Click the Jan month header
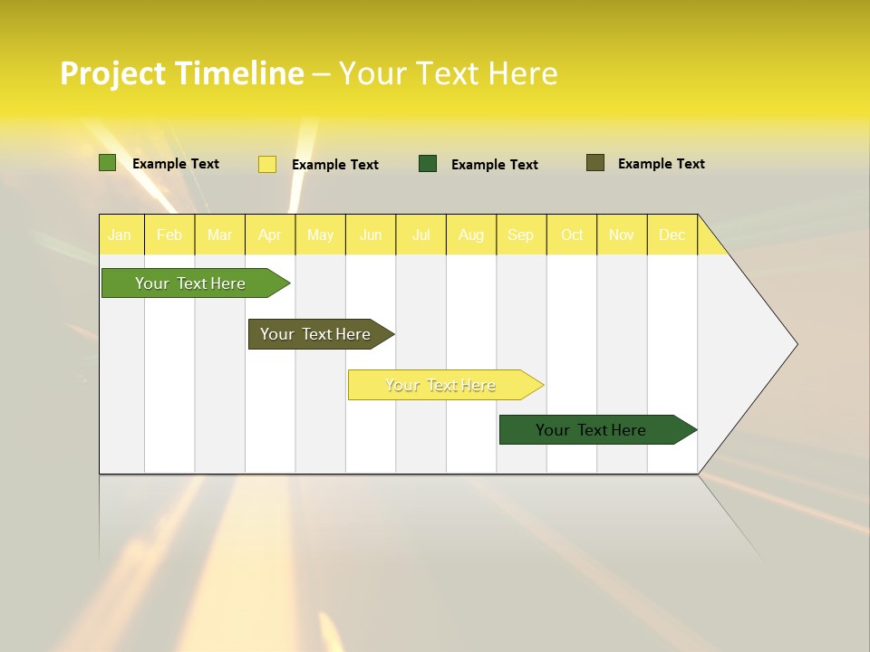(120, 235)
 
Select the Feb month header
(169, 235)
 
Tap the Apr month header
(270, 235)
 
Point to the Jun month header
(371, 235)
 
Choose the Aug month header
(471, 235)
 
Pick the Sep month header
(521, 235)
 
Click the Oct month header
(572, 235)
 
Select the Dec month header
(672, 235)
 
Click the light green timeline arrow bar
(190, 283)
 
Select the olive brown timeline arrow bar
(315, 334)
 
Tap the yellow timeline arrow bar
(440, 385)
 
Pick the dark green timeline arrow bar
(591, 430)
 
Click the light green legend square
(108, 163)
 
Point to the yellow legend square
(267, 164)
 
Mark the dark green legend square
(428, 164)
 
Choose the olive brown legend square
(595, 163)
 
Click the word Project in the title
(113, 73)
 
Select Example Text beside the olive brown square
(661, 164)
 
